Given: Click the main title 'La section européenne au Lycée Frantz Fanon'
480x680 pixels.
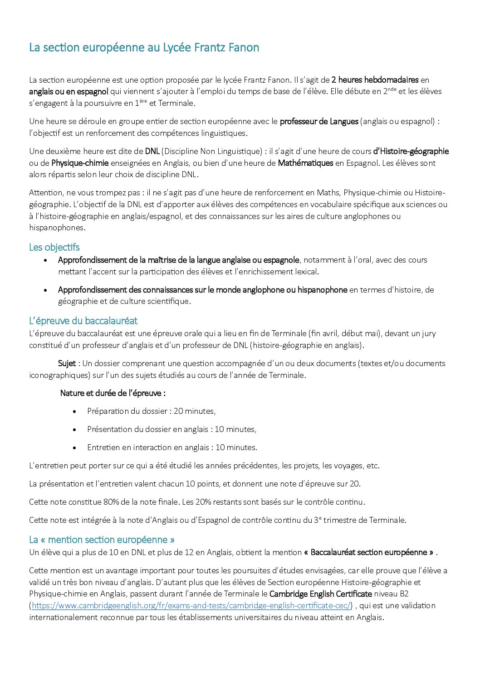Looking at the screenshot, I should (x=144, y=48).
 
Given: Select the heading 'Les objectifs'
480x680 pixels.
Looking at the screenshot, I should (x=54, y=248).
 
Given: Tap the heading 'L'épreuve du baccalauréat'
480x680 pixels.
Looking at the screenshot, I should (x=83, y=321).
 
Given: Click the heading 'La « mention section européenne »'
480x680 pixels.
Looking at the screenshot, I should (x=102, y=540).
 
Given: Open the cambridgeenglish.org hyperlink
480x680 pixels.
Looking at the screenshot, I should (x=191, y=606).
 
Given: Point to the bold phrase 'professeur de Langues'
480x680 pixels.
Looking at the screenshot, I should (x=319, y=121).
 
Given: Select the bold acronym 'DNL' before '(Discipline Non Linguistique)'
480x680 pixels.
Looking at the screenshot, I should (x=152, y=151).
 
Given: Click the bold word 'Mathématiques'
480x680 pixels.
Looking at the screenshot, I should (x=305, y=163).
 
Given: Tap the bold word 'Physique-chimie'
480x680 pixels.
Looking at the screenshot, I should (x=80, y=163).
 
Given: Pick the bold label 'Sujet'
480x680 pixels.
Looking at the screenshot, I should (x=67, y=363).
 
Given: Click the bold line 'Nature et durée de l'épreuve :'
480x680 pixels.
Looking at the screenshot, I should (x=113, y=393).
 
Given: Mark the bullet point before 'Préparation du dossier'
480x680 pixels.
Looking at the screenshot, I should (x=75, y=412).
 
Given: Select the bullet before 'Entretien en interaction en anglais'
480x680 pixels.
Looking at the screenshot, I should (x=75, y=448).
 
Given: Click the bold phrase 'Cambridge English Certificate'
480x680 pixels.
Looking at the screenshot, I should (x=320, y=594).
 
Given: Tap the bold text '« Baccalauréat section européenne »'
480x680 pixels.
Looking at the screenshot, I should (x=369, y=552).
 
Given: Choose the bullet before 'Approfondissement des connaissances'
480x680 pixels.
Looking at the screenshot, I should (x=46, y=290).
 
